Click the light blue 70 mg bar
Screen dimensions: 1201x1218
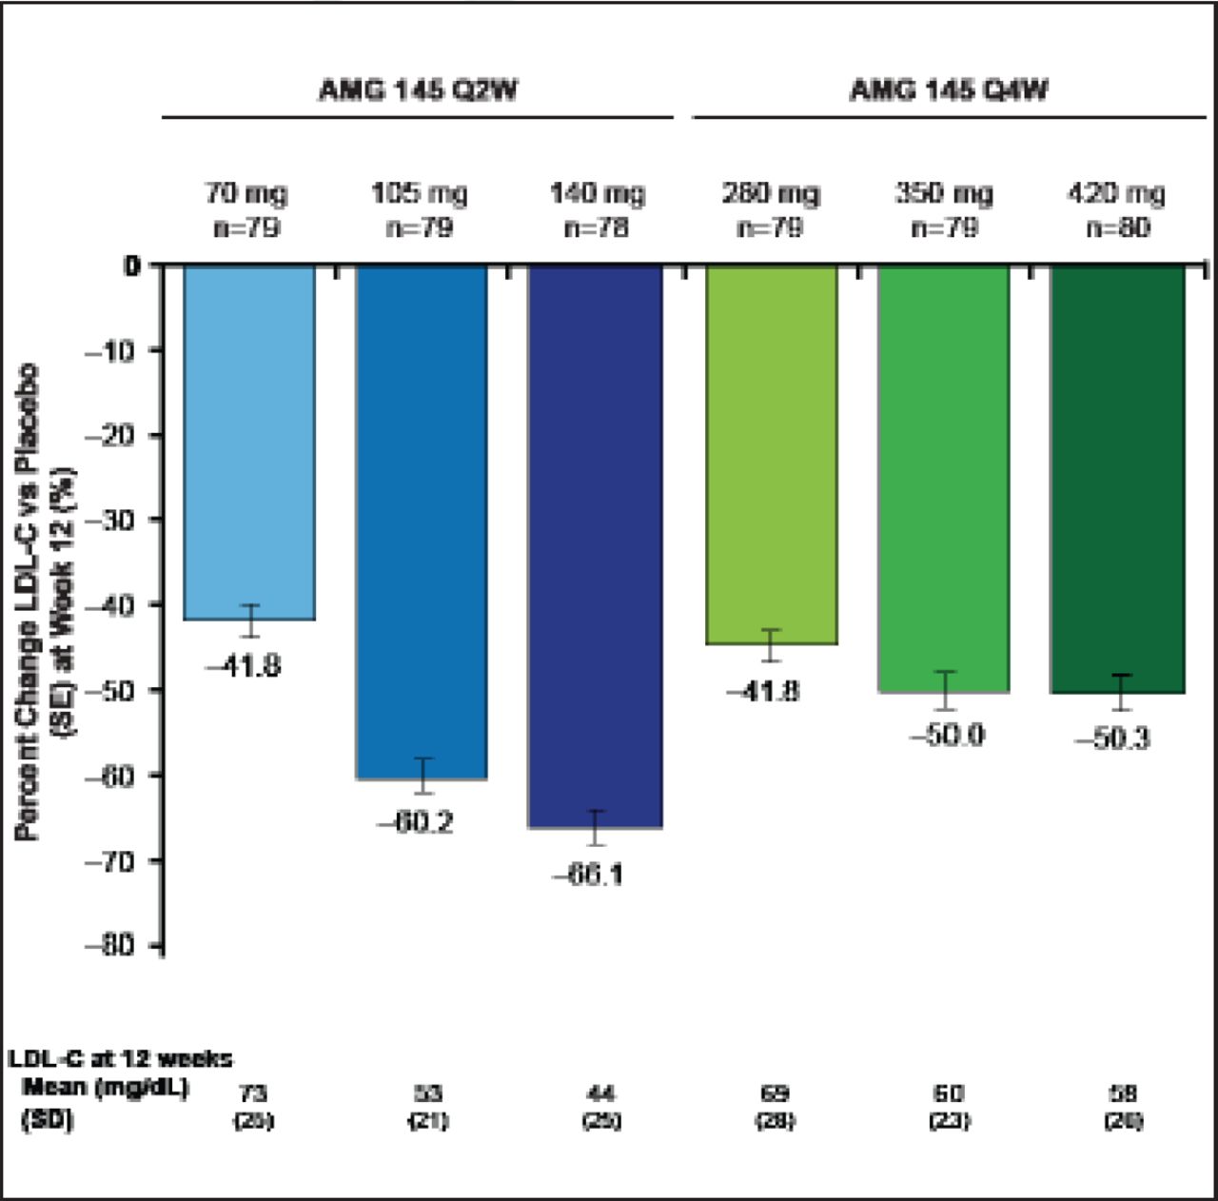(x=248, y=443)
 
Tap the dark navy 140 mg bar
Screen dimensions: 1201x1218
(x=595, y=546)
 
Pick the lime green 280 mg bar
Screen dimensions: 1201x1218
(x=771, y=455)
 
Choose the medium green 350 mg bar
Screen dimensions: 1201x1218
(x=943, y=479)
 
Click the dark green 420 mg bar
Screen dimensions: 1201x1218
(x=1116, y=479)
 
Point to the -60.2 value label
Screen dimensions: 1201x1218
(x=415, y=822)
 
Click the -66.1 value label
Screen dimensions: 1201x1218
(x=588, y=873)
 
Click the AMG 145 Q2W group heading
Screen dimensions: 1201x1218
(x=418, y=90)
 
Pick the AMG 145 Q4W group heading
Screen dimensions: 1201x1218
(x=949, y=90)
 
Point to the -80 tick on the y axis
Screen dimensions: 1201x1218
(x=112, y=945)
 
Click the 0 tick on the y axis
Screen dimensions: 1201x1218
(x=131, y=266)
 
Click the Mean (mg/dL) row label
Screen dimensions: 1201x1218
(x=106, y=1087)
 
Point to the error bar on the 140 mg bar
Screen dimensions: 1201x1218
(x=596, y=827)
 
